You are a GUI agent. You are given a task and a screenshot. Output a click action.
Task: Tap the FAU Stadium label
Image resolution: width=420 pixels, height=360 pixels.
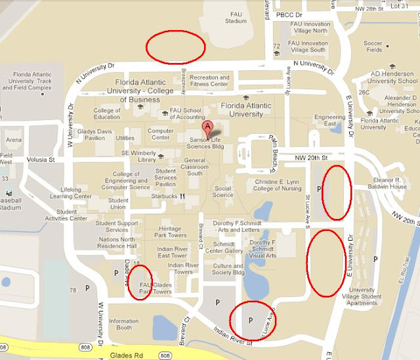point(236,17)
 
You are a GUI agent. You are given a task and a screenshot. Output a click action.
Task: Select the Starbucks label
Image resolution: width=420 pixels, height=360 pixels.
point(165,195)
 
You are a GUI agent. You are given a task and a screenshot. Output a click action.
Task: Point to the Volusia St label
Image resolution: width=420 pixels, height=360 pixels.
point(41,159)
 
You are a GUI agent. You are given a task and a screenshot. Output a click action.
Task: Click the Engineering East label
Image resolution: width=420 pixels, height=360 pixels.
point(329,121)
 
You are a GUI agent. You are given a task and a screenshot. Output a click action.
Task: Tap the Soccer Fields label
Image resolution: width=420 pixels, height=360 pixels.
point(373,47)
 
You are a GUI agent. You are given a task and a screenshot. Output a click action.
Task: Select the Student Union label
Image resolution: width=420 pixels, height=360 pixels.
point(118,204)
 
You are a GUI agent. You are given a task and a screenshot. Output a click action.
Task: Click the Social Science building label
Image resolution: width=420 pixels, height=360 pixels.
point(223,191)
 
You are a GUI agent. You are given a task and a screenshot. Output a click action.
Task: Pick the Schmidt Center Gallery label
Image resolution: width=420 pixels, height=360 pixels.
point(224,247)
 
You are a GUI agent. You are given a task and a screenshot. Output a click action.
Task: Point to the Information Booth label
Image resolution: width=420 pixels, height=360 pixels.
point(124,324)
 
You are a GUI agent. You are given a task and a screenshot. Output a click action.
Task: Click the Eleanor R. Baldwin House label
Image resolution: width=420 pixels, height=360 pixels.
point(390,183)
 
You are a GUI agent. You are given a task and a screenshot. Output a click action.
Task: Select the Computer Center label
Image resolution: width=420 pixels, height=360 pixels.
point(161,134)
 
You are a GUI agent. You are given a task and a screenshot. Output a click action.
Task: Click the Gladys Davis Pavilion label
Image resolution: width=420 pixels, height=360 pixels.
point(91,134)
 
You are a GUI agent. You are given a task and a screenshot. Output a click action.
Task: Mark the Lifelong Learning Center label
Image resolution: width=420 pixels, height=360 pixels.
point(71,193)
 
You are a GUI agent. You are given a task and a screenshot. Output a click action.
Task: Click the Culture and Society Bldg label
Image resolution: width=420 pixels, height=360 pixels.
point(228,269)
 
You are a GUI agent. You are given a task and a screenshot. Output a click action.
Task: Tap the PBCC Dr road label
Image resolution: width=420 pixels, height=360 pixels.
point(289,14)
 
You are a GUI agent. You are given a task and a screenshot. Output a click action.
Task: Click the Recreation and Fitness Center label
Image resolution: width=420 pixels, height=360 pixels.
point(209,81)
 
